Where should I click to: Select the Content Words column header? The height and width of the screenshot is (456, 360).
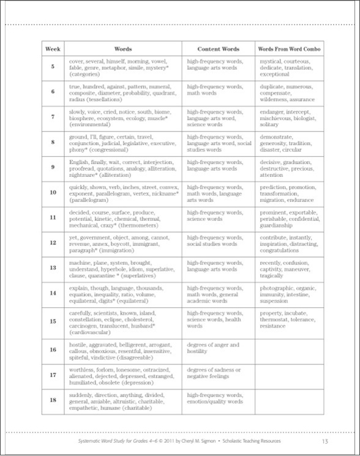point(218,48)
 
